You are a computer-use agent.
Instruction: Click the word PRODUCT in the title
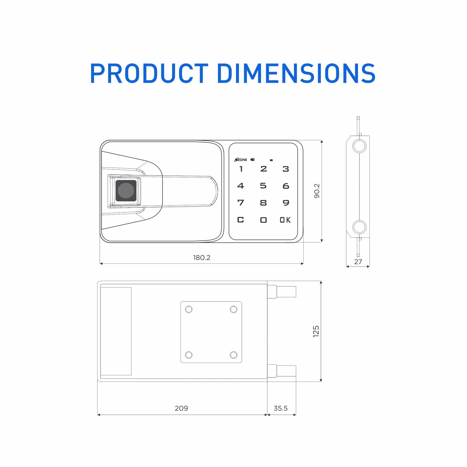point(149,73)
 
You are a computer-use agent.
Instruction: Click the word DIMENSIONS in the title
point(296,73)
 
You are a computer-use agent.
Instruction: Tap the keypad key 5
point(263,186)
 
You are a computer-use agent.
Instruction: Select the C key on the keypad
point(240,220)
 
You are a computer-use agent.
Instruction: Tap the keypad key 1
point(241,169)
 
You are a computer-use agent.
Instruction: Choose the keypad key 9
point(286,203)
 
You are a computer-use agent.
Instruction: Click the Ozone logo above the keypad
point(241,160)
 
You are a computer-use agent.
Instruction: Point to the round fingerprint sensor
point(126,191)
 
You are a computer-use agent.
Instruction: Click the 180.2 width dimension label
point(202,258)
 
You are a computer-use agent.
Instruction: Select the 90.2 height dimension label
point(317,191)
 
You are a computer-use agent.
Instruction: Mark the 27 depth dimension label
point(358,262)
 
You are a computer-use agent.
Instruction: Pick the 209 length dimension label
point(181,408)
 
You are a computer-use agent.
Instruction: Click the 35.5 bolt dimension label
point(281,408)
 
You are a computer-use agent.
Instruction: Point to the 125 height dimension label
point(316,332)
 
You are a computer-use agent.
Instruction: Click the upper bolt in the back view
point(286,292)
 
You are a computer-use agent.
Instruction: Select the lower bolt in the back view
point(286,371)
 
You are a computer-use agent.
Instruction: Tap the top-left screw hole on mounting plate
point(189,310)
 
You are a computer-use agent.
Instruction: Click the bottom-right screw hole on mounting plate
point(233,355)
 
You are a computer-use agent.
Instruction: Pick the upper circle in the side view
point(359,146)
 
